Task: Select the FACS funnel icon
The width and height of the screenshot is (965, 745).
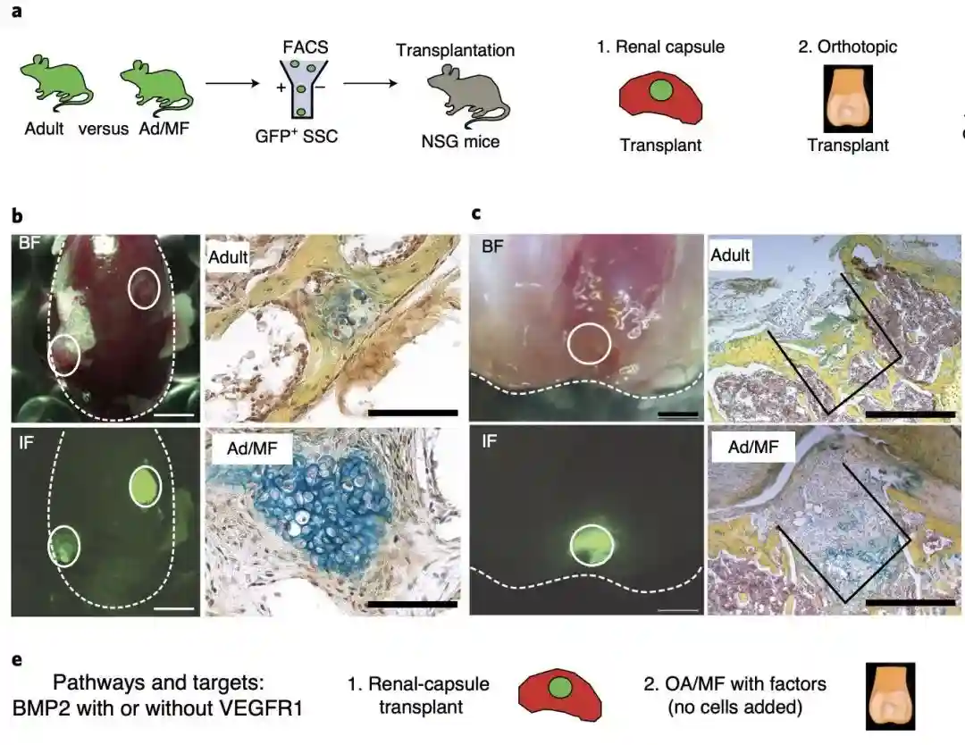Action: [302, 88]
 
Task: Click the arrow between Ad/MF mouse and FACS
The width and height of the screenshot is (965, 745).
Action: [232, 83]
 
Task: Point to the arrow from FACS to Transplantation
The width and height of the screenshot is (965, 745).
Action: [370, 83]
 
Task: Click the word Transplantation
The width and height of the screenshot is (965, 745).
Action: [455, 50]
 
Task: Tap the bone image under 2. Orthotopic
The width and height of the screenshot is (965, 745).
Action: [848, 99]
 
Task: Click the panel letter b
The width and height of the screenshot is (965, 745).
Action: [17, 216]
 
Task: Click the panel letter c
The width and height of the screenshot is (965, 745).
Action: [475, 213]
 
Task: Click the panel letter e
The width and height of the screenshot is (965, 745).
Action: [17, 660]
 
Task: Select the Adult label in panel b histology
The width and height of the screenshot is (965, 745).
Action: [228, 256]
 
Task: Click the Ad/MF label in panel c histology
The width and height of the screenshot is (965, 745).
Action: [753, 447]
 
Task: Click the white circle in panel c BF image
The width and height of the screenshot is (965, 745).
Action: [589, 344]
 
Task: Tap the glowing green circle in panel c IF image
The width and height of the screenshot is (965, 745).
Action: [592, 545]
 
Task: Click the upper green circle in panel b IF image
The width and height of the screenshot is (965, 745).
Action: [146, 486]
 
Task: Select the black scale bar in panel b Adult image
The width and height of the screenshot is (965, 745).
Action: [412, 413]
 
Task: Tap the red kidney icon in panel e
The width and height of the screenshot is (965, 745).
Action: [559, 695]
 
